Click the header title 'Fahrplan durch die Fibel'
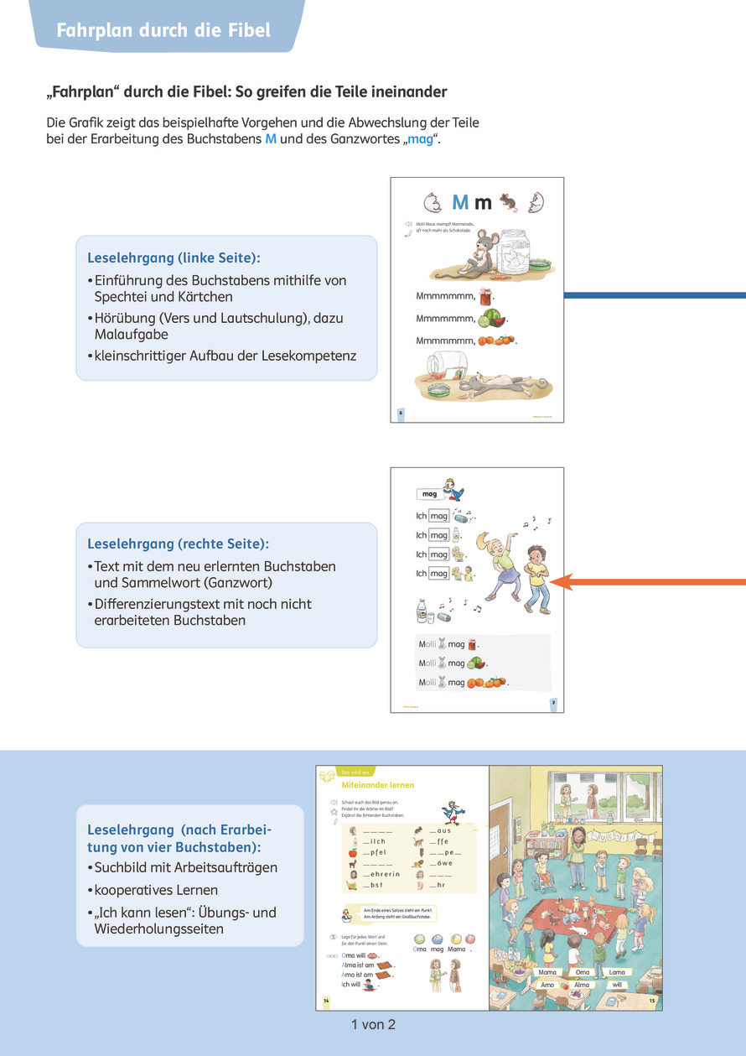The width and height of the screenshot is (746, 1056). [x=163, y=31]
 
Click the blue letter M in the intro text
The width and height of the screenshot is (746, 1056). [x=270, y=138]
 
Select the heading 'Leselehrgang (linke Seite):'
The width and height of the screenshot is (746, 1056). [x=179, y=258]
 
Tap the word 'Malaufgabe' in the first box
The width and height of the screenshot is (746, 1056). [x=132, y=334]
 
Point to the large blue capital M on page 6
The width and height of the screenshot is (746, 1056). [x=460, y=202]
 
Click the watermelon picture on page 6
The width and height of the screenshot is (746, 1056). [x=492, y=319]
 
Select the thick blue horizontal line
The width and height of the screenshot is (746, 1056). [x=654, y=295]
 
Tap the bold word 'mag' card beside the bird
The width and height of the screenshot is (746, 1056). [x=430, y=494]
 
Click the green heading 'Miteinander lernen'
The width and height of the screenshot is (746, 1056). [x=378, y=784]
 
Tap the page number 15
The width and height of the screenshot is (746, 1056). [x=651, y=1002]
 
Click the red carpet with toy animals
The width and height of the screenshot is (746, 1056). [x=578, y=913]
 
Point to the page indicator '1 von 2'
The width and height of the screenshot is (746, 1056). [x=373, y=1024]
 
